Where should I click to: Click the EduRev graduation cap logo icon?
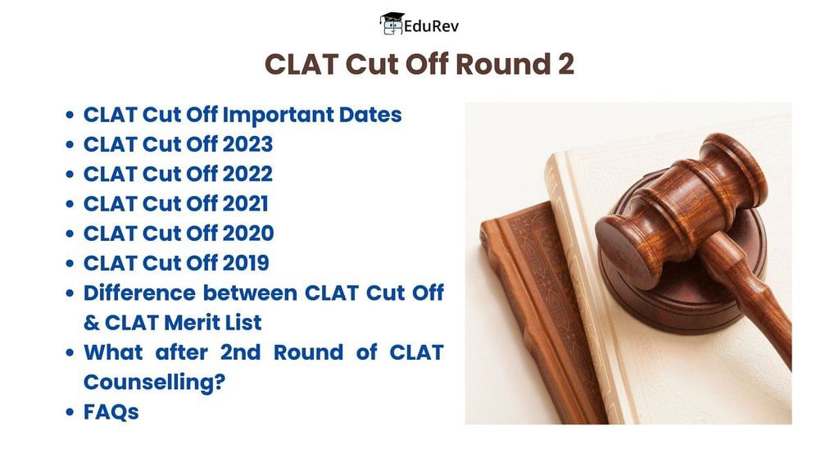click(x=392, y=24)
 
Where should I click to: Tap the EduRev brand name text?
click(x=431, y=26)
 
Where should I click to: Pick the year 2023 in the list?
click(x=247, y=144)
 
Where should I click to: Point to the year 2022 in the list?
click(x=247, y=174)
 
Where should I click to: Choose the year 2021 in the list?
click(x=245, y=204)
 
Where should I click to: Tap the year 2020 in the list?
click(x=247, y=234)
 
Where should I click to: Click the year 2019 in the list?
click(x=246, y=263)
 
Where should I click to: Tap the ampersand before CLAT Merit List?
click(x=92, y=323)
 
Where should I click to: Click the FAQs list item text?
click(x=111, y=412)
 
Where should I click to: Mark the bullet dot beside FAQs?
click(x=70, y=412)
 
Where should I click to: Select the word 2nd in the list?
click(x=240, y=352)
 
